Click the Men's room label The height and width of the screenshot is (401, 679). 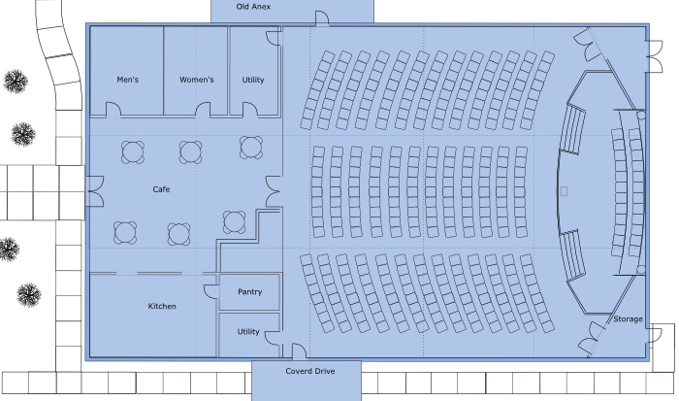[128, 80]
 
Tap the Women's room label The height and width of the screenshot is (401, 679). [197, 80]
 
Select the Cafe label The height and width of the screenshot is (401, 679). [161, 189]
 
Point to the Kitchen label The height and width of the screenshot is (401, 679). [162, 306]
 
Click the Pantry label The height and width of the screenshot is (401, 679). [250, 291]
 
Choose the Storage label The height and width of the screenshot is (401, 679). [628, 319]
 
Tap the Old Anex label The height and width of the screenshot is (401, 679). [253, 7]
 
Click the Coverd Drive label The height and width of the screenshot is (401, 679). [310, 371]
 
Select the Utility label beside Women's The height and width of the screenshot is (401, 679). [253, 80]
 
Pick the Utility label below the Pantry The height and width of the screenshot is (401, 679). [248, 332]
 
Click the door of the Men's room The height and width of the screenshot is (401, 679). [113, 110]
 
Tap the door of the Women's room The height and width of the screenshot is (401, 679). [203, 110]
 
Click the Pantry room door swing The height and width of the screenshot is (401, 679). [211, 291]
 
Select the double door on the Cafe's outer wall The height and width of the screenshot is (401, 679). [96, 191]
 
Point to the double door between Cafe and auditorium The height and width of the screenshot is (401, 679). [274, 191]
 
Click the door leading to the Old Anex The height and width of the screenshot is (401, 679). [322, 18]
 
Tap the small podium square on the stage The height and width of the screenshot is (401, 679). [564, 191]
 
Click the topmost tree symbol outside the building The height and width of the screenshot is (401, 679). [16, 81]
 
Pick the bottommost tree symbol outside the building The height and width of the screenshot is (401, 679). [29, 295]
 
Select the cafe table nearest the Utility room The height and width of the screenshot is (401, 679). [251, 148]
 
